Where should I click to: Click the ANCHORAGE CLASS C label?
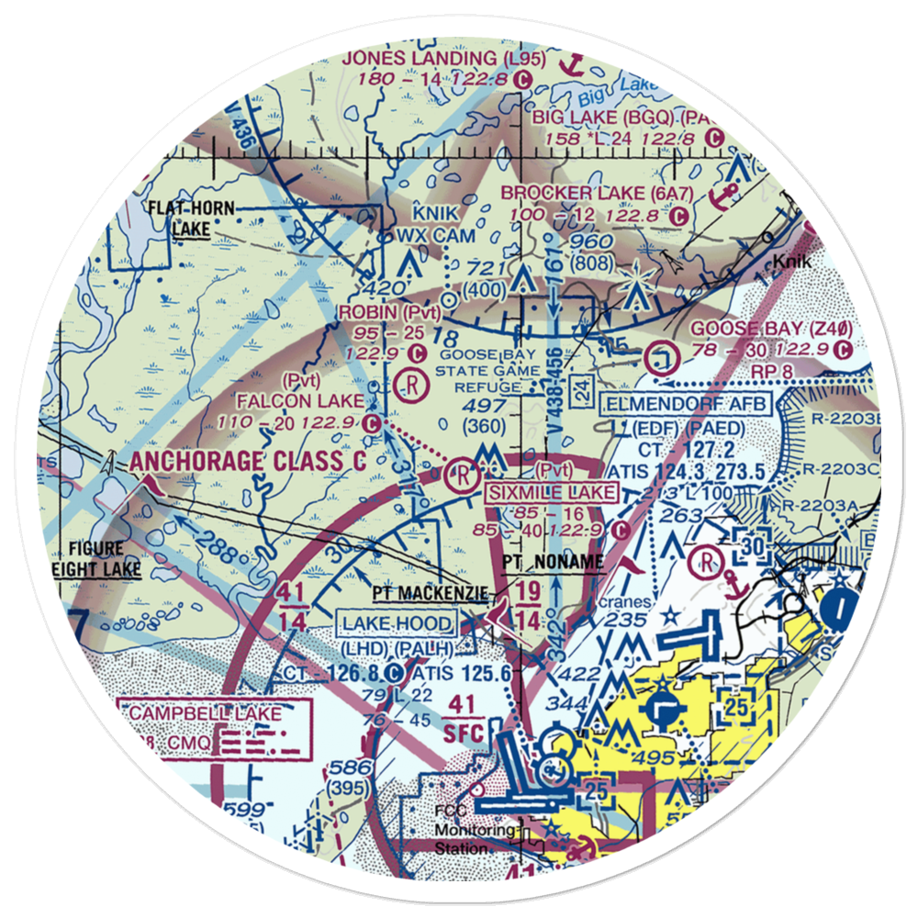pyautogui.click(x=248, y=461)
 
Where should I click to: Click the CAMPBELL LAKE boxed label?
pyautogui.click(x=215, y=713)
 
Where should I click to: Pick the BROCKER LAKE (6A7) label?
pyautogui.click(x=595, y=193)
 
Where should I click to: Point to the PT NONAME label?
pyautogui.click(x=554, y=561)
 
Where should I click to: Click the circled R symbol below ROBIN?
pyautogui.click(x=413, y=385)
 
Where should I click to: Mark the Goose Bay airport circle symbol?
pyautogui.click(x=661, y=356)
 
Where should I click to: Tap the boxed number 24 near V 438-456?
pyautogui.click(x=578, y=390)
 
